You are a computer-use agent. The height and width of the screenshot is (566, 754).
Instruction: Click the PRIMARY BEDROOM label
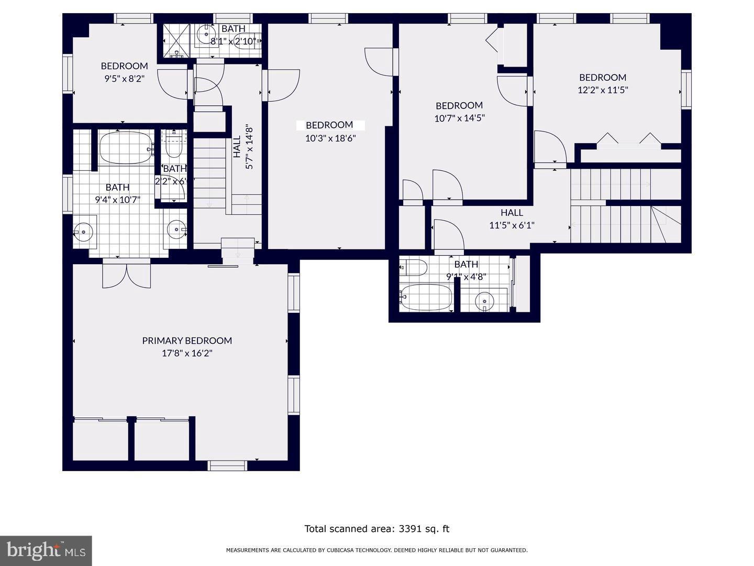click(x=187, y=341)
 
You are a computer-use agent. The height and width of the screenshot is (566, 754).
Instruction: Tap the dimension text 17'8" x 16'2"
click(x=187, y=354)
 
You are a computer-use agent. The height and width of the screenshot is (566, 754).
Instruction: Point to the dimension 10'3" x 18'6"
click(x=330, y=138)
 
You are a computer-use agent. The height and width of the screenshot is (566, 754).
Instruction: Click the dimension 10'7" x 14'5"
click(x=459, y=118)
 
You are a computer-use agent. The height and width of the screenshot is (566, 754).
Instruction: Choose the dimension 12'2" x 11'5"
click(x=603, y=90)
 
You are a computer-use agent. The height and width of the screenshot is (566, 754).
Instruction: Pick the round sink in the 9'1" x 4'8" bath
click(x=484, y=302)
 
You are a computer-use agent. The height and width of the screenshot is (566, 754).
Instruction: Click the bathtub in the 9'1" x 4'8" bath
click(x=426, y=297)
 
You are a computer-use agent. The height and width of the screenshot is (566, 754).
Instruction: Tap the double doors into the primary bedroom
click(x=127, y=274)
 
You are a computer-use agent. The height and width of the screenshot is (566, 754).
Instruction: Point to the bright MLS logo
click(x=46, y=550)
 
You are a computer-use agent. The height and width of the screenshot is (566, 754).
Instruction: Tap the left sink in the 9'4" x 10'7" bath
click(x=83, y=230)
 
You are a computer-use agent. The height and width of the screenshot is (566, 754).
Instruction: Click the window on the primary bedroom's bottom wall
click(x=227, y=465)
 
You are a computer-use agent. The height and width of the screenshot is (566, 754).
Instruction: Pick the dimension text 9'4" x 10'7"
click(x=117, y=200)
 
